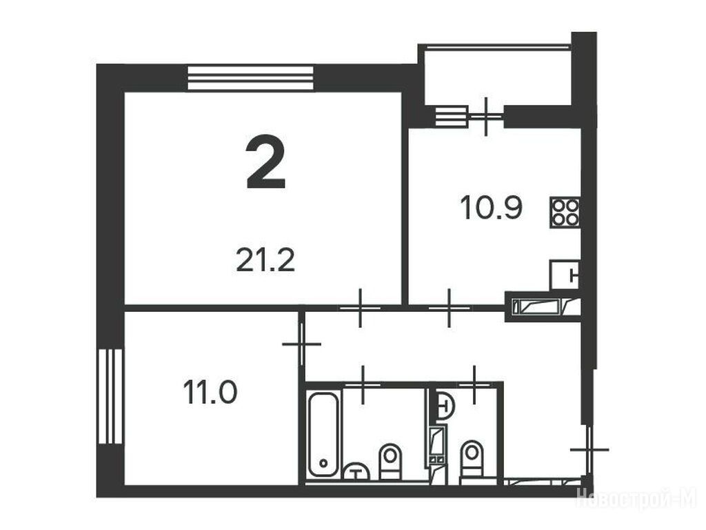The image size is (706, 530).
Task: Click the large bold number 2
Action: [265, 162]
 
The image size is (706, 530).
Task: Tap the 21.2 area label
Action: [265, 261]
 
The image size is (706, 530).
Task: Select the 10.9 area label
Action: [491, 208]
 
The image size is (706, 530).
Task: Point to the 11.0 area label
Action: [210, 392]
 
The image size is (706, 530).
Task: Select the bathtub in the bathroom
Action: [323, 434]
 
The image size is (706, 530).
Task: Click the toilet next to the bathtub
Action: [390, 460]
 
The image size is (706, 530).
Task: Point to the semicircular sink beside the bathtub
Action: [356, 471]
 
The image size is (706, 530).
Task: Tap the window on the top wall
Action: [250, 78]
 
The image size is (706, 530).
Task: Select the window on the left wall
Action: [110, 396]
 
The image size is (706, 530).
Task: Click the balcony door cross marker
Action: [485, 117]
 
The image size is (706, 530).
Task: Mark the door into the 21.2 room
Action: [360, 308]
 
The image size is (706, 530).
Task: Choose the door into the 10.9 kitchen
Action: [449, 308]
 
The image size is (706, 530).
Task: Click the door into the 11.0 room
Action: [301, 344]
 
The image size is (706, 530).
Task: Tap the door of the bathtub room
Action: [363, 384]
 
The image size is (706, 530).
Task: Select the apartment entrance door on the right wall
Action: [589, 449]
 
